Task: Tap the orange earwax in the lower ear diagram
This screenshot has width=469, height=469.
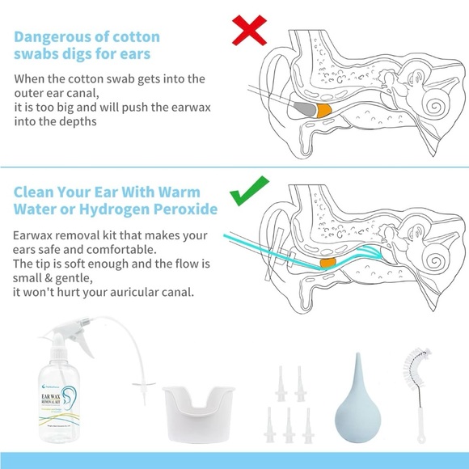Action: pyautogui.click(x=327, y=263)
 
